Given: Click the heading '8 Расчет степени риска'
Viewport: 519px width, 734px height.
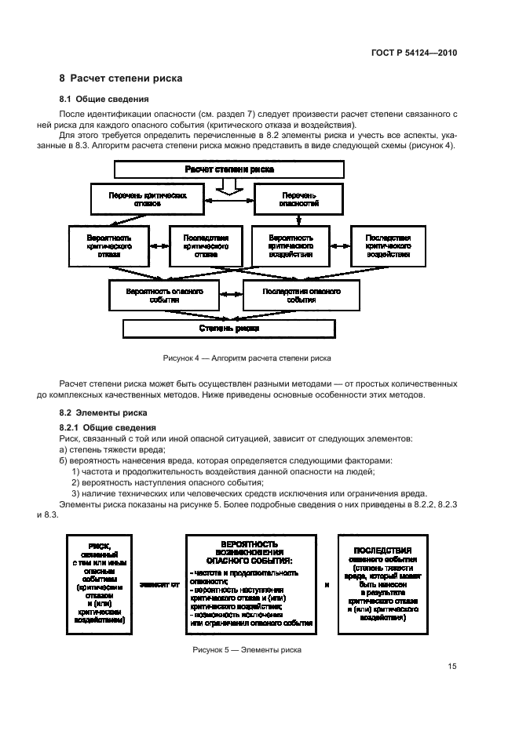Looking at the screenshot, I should tap(122, 78).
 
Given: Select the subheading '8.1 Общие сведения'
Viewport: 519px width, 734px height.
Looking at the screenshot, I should tap(99, 99).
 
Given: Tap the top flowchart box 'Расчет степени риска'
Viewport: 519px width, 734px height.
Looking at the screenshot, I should tap(229, 169).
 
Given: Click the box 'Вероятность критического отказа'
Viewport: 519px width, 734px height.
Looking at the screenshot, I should tap(109, 245).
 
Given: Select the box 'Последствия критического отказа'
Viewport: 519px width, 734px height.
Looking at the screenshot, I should tap(206, 245).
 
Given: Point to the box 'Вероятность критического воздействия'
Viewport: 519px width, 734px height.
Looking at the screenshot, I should tap(291, 245).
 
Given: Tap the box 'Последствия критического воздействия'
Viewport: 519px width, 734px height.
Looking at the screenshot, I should tap(389, 245).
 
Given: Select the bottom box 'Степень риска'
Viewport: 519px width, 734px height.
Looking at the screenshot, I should tap(229, 328).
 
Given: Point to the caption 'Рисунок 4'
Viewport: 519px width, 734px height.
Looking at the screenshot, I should tap(247, 358).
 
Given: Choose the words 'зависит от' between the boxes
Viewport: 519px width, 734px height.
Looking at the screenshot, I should tap(159, 585).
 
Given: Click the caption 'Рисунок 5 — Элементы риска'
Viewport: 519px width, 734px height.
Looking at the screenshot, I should tap(247, 649).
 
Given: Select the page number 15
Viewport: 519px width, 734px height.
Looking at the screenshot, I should tap(452, 667).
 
